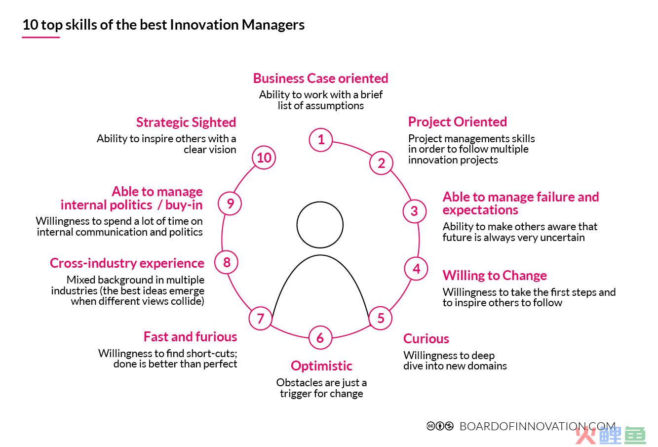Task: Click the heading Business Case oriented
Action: (320, 79)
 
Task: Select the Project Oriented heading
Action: (458, 122)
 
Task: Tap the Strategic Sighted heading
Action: (186, 122)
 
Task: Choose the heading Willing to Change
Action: (495, 276)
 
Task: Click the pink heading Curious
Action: (426, 338)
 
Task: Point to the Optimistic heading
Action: (321, 366)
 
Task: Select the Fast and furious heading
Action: (190, 337)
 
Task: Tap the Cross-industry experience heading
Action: (127, 263)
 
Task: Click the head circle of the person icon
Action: (320, 202)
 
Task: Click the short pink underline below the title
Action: (41, 37)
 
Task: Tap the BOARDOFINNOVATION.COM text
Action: (537, 426)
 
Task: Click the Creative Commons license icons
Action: (440, 426)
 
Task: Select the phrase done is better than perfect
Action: (175, 364)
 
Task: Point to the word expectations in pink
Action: (480, 210)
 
